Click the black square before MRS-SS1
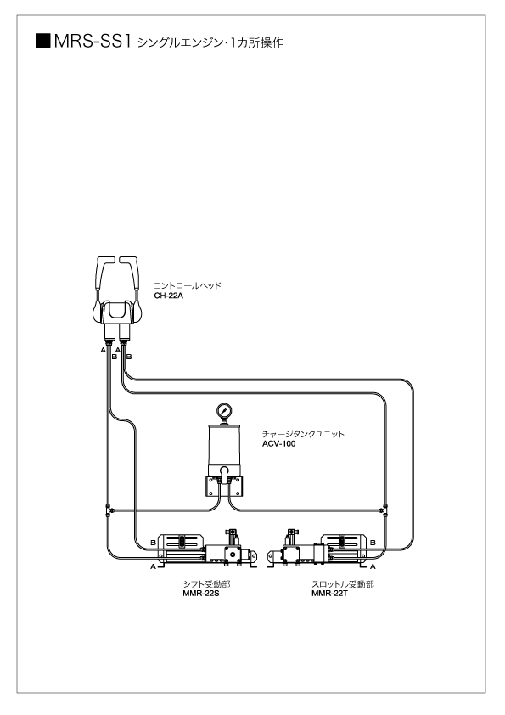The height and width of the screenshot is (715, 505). (x=42, y=41)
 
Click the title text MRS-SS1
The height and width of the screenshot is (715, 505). (x=92, y=41)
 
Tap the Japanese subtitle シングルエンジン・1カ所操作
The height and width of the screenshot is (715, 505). (x=210, y=42)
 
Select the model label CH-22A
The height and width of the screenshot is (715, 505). (x=168, y=296)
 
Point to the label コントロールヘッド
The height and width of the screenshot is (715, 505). (x=188, y=286)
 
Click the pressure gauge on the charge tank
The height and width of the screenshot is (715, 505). (x=224, y=410)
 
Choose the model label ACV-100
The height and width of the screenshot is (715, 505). (x=278, y=443)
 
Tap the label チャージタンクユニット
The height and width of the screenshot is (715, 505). (x=303, y=434)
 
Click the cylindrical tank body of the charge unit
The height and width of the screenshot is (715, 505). (x=224, y=448)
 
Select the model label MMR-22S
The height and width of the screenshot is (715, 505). (x=201, y=594)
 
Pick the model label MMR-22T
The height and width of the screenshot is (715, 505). (x=329, y=594)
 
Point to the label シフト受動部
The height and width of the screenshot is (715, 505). (x=206, y=584)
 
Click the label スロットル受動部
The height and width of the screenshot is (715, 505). (x=343, y=584)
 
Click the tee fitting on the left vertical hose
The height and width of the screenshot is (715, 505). (x=108, y=510)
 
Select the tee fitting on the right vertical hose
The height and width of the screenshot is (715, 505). (x=385, y=510)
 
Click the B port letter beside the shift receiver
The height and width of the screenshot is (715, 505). (x=153, y=543)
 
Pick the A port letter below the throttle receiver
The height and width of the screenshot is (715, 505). (x=373, y=566)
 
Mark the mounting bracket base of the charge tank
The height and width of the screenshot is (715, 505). (x=224, y=486)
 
